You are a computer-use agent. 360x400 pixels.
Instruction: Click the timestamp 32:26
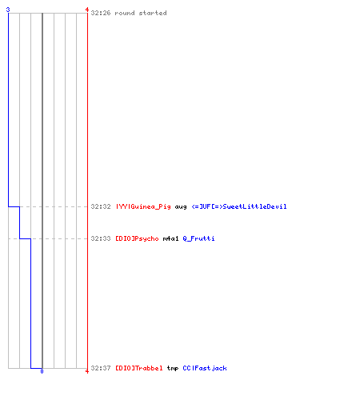[x=101, y=13]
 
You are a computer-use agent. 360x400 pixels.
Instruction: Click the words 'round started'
[x=141, y=13]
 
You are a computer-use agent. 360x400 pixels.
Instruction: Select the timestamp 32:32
[x=101, y=206]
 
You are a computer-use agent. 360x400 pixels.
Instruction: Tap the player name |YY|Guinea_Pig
[x=143, y=206]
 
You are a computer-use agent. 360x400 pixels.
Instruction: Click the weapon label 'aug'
[x=181, y=207]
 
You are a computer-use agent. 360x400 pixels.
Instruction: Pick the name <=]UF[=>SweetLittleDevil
[x=239, y=206]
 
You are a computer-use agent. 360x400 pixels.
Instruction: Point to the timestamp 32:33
[x=101, y=238]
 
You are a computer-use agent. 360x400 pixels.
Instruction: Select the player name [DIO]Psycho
[x=137, y=238]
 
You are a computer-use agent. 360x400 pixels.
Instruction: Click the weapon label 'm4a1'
[x=170, y=238]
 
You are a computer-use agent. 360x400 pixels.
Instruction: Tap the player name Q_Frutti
[x=198, y=238]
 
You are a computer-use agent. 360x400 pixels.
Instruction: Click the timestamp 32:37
[x=101, y=368]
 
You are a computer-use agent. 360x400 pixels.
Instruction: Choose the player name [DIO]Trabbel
[x=139, y=368]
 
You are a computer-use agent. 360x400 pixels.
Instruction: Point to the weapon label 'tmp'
[x=173, y=369]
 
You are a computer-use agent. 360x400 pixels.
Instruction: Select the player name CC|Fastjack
[x=205, y=368]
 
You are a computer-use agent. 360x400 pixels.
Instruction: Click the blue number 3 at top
[x=8, y=10]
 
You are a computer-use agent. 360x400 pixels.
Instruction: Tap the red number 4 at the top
[x=87, y=10]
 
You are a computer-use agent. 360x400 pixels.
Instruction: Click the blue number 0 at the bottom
[x=42, y=371]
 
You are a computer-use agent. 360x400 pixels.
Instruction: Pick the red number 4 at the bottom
[x=87, y=371]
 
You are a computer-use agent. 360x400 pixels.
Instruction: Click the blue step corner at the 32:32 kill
[x=19, y=206]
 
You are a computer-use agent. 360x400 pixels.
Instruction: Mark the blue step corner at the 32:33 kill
[x=30, y=238]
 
